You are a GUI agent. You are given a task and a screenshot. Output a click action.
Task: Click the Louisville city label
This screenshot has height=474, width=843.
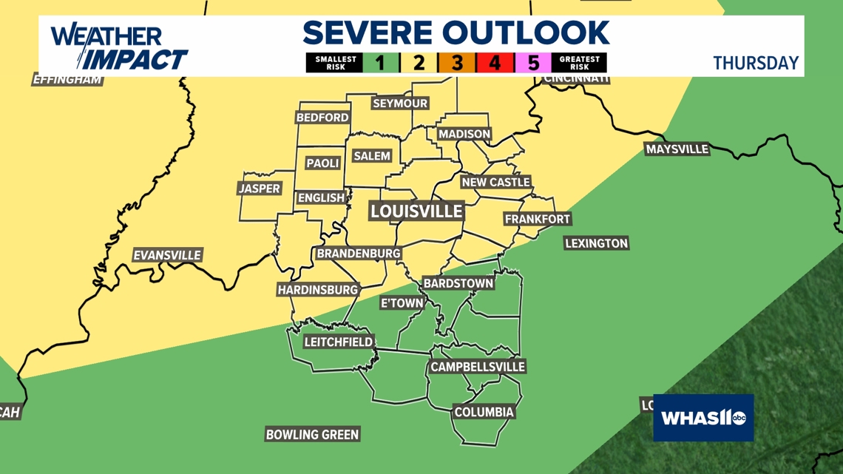[x=417, y=211]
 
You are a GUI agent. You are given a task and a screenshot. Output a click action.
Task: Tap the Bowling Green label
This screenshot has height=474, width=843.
[x=312, y=435]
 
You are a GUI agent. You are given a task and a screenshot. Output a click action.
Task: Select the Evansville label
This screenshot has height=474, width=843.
[x=167, y=256]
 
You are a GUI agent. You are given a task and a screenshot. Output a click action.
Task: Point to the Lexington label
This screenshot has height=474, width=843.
[x=596, y=243]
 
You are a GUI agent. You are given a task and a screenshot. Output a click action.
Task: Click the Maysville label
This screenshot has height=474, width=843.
[x=677, y=149]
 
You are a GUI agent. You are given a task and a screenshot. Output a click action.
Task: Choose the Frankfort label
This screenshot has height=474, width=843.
[x=538, y=220]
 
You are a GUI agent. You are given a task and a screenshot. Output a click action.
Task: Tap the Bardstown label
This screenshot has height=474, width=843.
[x=458, y=283]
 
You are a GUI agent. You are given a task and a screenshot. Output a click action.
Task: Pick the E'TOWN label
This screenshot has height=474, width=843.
[x=402, y=303]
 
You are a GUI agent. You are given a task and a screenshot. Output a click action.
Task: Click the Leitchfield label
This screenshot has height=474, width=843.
[x=339, y=342]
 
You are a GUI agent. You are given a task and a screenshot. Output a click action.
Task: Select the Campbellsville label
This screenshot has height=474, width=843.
[x=478, y=367]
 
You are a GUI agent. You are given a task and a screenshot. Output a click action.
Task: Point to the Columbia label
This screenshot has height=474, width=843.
[x=484, y=412]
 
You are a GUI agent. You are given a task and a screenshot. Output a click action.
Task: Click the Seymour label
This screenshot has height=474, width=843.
[x=400, y=104]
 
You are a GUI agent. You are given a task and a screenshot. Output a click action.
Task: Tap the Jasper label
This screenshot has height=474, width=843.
[x=260, y=189]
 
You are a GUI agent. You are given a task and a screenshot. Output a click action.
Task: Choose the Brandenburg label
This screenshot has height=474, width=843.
[x=359, y=254]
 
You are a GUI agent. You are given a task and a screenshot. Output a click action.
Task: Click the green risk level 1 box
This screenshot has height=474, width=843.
[x=380, y=63]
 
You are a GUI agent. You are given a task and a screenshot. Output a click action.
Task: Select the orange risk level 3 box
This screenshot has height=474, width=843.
[x=456, y=63]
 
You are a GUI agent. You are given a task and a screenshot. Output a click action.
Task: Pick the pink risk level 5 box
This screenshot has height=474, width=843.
[x=532, y=63]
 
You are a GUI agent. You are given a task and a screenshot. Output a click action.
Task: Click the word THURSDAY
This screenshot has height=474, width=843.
[x=756, y=64]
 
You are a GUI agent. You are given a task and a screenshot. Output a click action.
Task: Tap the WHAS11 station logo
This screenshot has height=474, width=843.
[x=703, y=418]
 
